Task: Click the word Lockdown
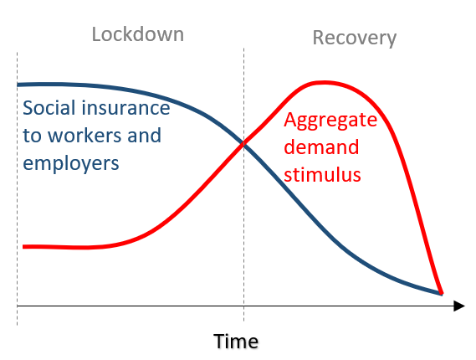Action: coord(138,34)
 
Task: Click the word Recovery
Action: coord(355,39)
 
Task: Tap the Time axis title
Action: coord(236,341)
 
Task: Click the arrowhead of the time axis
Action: coord(459,306)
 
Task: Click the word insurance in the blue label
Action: coord(125,107)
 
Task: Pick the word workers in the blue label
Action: coord(84,135)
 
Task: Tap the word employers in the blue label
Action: coord(71,164)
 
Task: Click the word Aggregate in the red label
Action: coord(330,121)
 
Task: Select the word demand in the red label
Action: coord(321,147)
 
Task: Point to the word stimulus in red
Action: coord(322,175)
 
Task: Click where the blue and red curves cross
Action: coord(243,143)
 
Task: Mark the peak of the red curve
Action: coord(325,82)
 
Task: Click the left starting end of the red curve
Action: coord(24,247)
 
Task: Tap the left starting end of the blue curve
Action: coord(18,85)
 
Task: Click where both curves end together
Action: coord(441,294)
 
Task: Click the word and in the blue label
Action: coord(144,135)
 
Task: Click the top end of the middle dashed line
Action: coord(243,49)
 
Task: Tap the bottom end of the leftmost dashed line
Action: coord(18,325)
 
